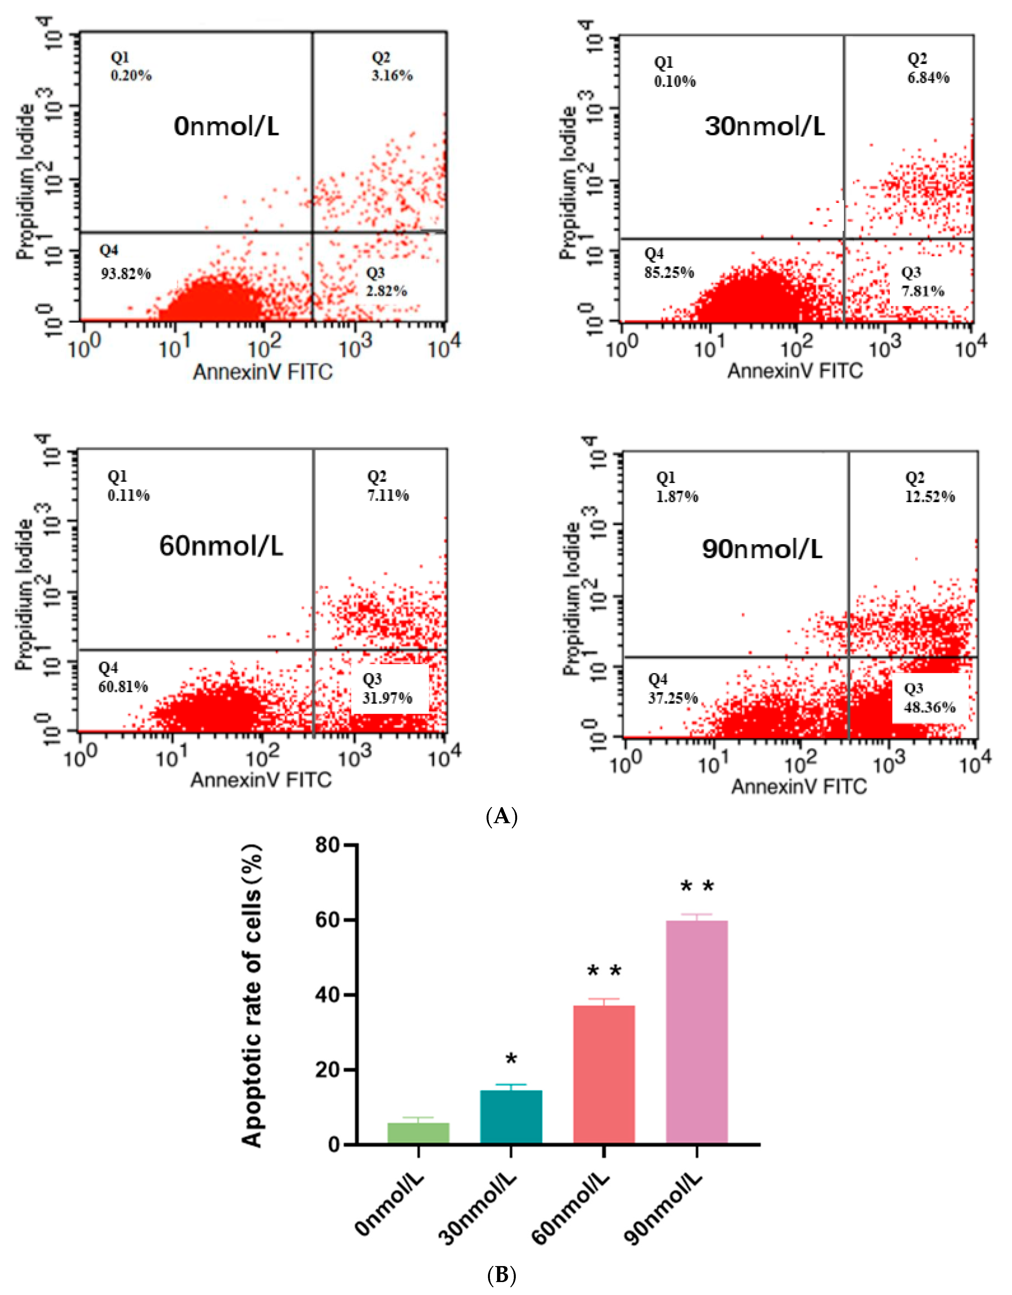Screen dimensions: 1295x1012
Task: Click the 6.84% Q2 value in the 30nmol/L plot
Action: [929, 78]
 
